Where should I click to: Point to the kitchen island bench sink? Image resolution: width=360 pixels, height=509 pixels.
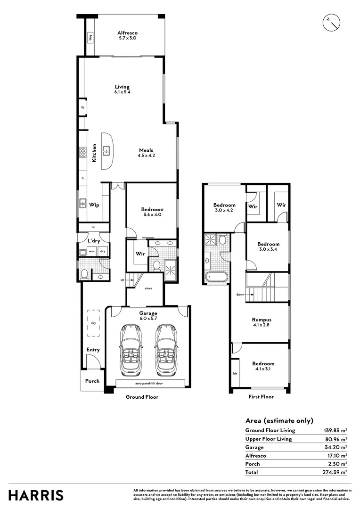point(107,151)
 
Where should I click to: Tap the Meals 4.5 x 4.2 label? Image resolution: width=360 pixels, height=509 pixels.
point(146,153)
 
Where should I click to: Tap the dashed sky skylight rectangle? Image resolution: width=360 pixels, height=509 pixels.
point(93,323)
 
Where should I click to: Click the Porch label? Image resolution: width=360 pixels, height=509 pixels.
point(92,381)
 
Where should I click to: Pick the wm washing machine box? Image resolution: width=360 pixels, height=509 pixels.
point(92,251)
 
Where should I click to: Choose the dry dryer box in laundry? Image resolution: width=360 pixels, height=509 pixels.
point(102,251)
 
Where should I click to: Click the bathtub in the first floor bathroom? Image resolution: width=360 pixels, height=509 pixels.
point(216,277)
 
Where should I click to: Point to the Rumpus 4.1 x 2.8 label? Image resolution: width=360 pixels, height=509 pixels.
point(261,322)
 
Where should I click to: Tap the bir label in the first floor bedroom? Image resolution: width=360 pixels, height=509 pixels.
point(235,373)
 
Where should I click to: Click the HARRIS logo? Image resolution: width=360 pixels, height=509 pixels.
point(36,495)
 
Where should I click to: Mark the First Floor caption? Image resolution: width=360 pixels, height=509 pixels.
point(261,397)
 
